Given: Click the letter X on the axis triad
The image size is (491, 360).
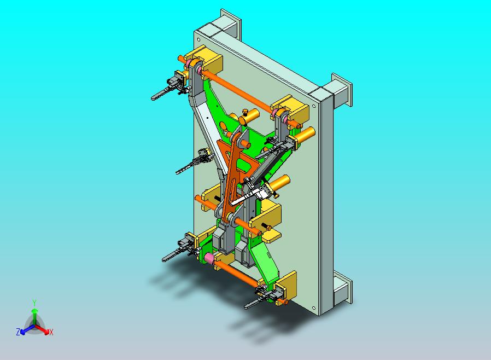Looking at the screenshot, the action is click(x=51, y=333).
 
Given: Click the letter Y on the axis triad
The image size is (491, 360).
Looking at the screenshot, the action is click(x=34, y=303).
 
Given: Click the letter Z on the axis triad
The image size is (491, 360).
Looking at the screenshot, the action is click(x=18, y=332).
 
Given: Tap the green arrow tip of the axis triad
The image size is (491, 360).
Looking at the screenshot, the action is click(x=34, y=311).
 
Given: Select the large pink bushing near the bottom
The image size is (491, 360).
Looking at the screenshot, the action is click(x=209, y=258).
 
